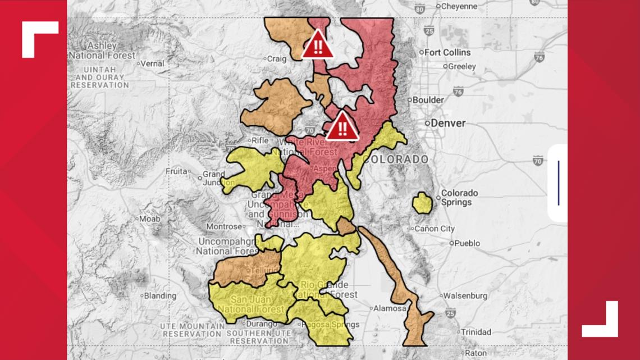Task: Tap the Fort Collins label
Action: [x=447, y=52]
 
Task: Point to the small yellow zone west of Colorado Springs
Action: [x=422, y=203]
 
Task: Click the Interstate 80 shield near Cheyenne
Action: [x=419, y=8]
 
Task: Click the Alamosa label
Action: [x=391, y=308]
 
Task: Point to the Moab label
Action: [x=150, y=218]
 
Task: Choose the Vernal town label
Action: [x=152, y=63]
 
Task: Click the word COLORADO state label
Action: [x=395, y=160]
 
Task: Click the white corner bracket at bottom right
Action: [x=600, y=320]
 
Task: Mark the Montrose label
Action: [x=224, y=226]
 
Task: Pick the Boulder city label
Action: [x=428, y=100]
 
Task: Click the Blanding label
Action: [x=160, y=295]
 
